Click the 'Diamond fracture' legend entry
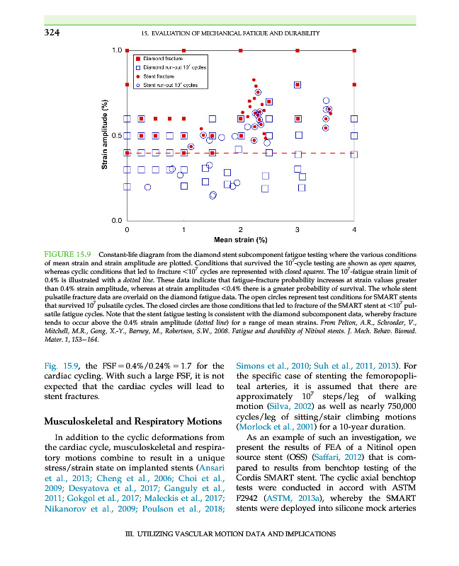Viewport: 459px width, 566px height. pyautogui.click(x=164, y=58)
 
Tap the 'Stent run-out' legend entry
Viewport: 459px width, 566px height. pyautogui.click(x=170, y=85)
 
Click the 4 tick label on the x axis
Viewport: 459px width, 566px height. pyautogui.click(x=354, y=229)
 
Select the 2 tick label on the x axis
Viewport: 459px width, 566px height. pyautogui.click(x=241, y=229)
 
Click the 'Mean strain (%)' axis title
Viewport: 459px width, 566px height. pyautogui.click(x=240, y=239)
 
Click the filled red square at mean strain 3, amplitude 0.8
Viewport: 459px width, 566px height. pyautogui.click(x=298, y=85)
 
